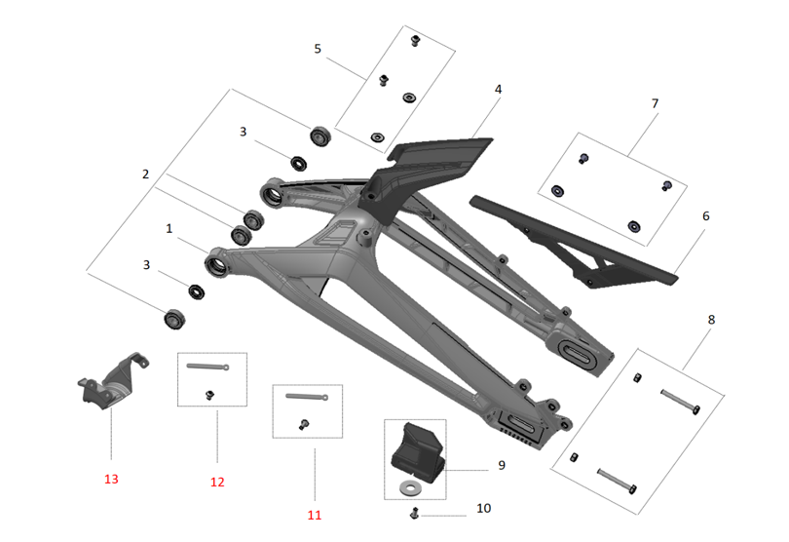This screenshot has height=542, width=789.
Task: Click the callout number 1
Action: click(x=169, y=228)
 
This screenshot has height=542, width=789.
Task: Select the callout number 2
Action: click(x=145, y=174)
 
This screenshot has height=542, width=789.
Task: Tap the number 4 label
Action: click(x=498, y=89)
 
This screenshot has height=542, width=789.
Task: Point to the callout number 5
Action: click(x=318, y=49)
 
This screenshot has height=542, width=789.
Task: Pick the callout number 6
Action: click(x=706, y=217)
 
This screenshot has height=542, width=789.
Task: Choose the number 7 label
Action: click(x=656, y=102)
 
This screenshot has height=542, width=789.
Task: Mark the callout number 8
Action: click(x=712, y=319)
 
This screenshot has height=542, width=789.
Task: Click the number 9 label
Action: click(x=501, y=465)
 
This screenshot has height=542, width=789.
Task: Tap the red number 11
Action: click(x=314, y=515)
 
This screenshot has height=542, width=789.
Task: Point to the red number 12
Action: click(x=217, y=482)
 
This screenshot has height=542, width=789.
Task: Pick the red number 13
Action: click(x=111, y=479)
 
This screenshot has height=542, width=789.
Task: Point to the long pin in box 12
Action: click(x=207, y=367)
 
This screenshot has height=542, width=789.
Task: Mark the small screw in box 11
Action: click(x=303, y=424)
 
